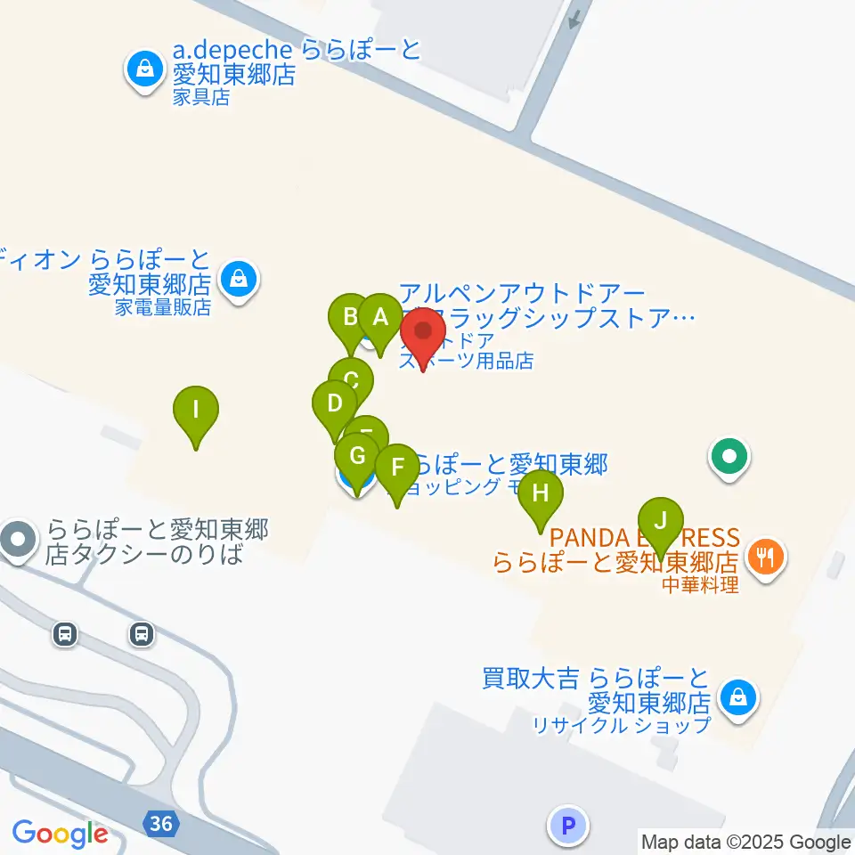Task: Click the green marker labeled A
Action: pos(380,318)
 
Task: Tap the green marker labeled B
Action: pos(350,317)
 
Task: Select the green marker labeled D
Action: pos(334,403)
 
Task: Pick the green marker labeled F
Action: pos(397,468)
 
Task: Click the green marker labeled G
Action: pos(357,457)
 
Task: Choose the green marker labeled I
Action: pos(196,411)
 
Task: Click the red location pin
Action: pos(423,333)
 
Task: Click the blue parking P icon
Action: pos(568,825)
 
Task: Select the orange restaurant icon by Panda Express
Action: pos(764,558)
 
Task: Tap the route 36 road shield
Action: pos(161,824)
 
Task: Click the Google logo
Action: pos(60,834)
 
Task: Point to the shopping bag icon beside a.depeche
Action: pos(142,68)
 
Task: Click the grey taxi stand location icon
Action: pos(19,540)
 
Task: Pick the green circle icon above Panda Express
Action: pos(729,459)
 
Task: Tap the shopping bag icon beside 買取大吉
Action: pos(737,697)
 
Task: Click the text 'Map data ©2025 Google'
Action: pos(746,842)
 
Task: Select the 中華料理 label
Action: pos(700,585)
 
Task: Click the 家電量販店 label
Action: pos(163,307)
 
